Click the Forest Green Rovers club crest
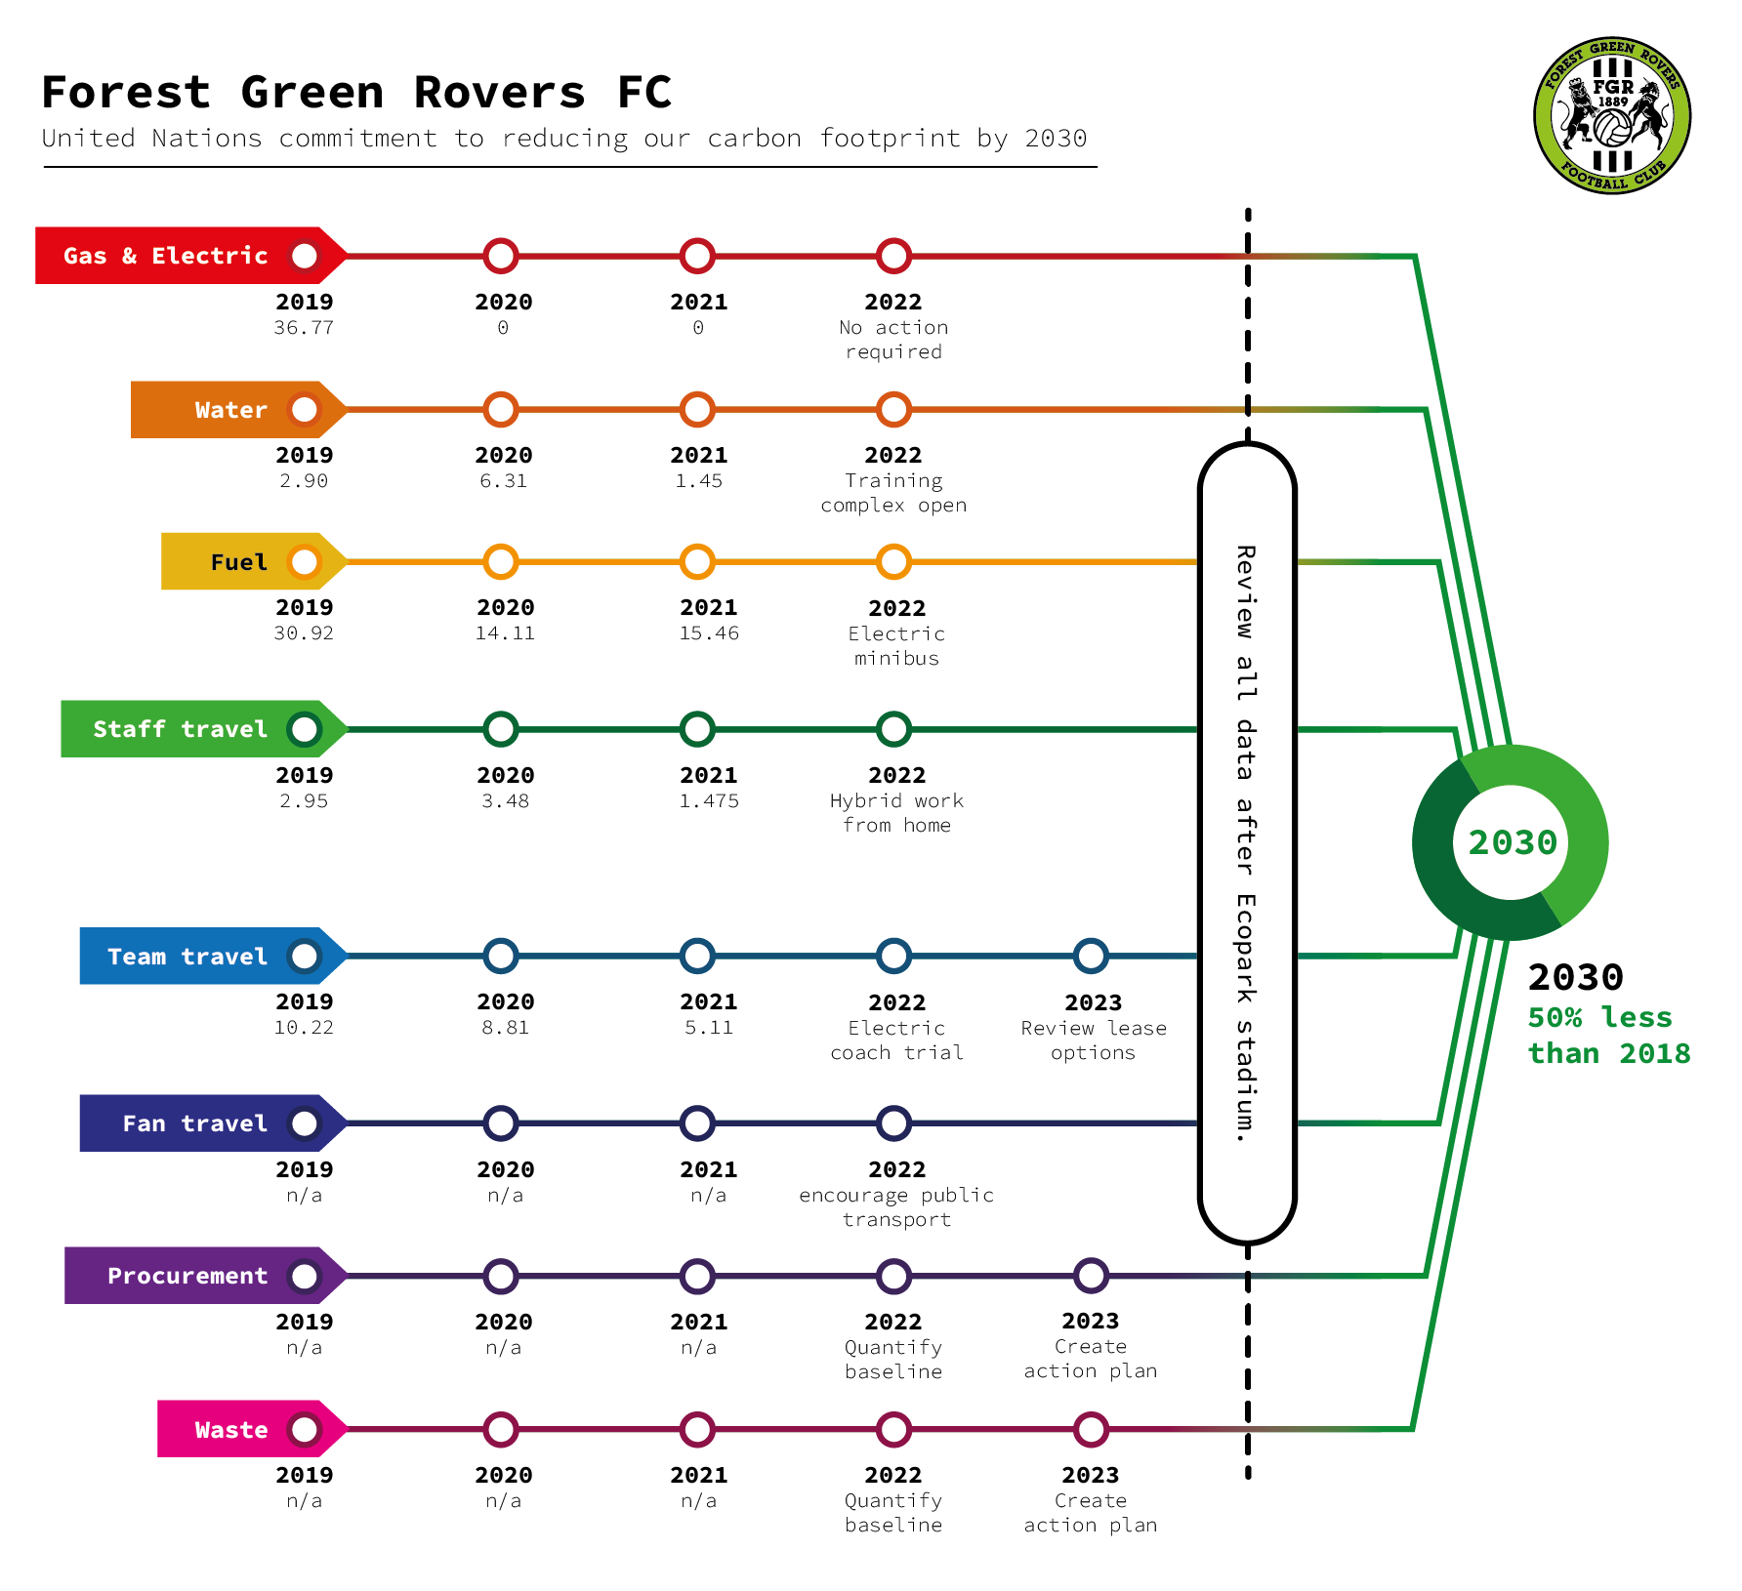coord(1612,116)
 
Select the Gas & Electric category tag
coord(191,256)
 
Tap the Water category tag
coord(239,410)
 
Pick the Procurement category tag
coord(206,1276)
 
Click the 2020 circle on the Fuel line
coord(501,562)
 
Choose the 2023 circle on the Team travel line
coord(1091,957)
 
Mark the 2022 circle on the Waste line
coord(893,1430)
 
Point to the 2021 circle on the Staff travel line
coord(697,729)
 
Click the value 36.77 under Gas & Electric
coord(304,328)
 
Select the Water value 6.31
coord(504,481)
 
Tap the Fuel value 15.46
coord(709,633)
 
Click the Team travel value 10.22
coord(304,1028)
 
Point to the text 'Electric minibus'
coord(896,646)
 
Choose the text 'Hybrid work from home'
coord(896,813)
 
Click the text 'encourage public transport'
coord(896,1207)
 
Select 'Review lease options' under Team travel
coord(1094,1040)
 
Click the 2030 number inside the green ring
coord(1513,842)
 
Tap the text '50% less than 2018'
coord(1608,1036)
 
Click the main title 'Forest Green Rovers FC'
coord(356,93)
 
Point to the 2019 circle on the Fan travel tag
coord(305,1123)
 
